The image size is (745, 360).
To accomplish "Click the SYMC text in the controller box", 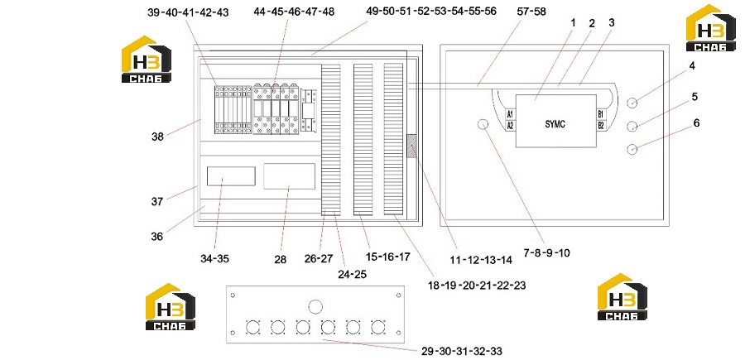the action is coord(555,124).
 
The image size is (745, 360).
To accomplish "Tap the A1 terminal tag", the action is coord(510,114).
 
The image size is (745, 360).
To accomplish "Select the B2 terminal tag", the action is coord(601,126).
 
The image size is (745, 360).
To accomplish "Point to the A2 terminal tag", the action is coord(510,126).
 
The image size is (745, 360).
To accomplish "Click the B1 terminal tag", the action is coord(601,114).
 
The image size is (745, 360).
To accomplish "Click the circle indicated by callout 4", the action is coord(632,102).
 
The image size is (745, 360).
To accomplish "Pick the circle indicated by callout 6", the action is coord(632,149).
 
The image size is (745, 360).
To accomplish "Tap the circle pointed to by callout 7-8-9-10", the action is coord(483,125).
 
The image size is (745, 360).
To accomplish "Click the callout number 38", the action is coord(158,137).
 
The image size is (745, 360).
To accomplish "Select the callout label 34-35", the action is coord(214,259).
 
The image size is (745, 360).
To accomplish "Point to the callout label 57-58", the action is coord(531,12).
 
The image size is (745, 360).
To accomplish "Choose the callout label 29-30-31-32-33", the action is coord(461,352).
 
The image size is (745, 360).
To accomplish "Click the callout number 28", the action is coord(281,259).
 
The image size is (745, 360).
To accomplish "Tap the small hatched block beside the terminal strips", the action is coord(412,146).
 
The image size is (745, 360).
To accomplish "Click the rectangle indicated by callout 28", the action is coord(290,176).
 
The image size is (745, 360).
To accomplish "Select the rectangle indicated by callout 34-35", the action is coord(231,176).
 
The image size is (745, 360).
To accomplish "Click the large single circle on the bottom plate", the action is coord(315,307).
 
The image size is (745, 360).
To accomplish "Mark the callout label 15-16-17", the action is coord(387,257).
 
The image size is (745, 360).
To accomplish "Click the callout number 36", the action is coord(157,236).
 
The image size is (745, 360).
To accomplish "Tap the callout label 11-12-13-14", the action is coord(481,260).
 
